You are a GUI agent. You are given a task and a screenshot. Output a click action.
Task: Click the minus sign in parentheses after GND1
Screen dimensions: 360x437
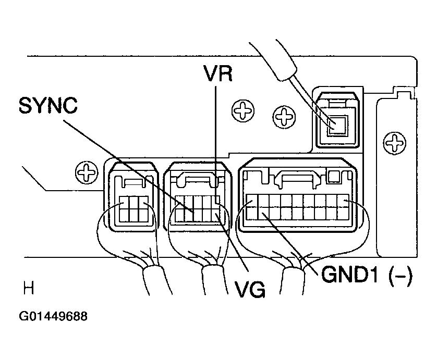(x=400, y=276)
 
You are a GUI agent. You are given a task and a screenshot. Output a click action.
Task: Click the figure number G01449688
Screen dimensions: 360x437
(x=53, y=316)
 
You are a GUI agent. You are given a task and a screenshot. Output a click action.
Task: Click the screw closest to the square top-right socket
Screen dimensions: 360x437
(x=284, y=117)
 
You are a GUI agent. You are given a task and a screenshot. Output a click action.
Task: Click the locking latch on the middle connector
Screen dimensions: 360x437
(x=197, y=181)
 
